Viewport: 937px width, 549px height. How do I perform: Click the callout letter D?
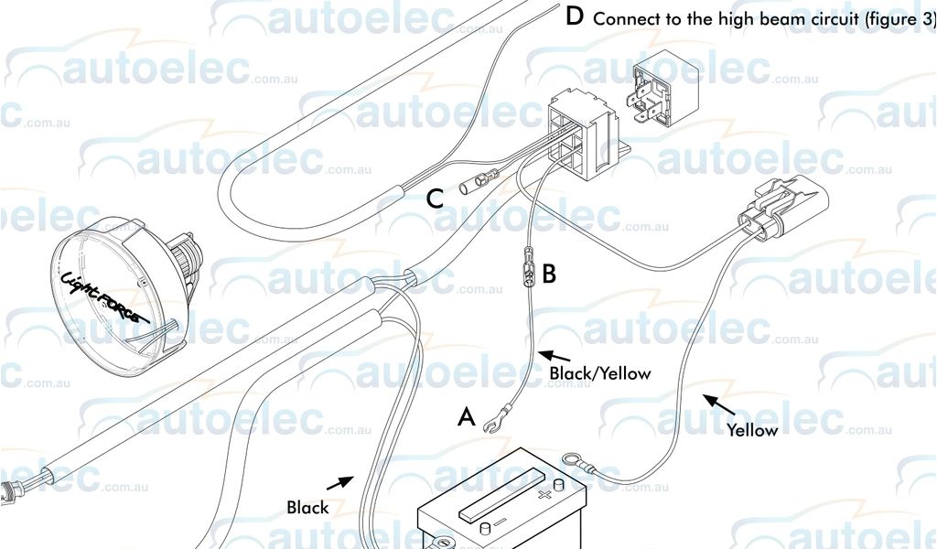pyautogui.click(x=575, y=16)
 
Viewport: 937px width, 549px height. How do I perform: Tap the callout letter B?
pyautogui.click(x=549, y=273)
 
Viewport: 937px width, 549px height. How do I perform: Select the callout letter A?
pyautogui.click(x=467, y=418)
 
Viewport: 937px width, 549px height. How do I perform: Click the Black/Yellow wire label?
pyautogui.click(x=599, y=373)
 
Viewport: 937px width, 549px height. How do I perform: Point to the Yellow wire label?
pyautogui.click(x=752, y=430)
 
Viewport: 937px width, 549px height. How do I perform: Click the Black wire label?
pyautogui.click(x=307, y=507)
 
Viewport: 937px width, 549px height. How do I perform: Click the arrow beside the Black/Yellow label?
pyautogui.click(x=554, y=354)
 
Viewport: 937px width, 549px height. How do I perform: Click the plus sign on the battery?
pyautogui.click(x=546, y=495)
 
